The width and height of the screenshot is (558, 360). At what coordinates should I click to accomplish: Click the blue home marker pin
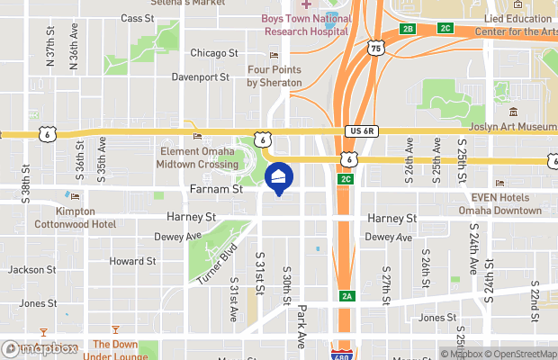[279, 178]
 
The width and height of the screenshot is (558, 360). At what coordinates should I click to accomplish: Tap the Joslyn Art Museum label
[514, 127]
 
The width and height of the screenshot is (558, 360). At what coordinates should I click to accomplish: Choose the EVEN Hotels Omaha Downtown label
[506, 204]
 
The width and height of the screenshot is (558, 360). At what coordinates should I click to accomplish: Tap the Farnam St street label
[217, 190]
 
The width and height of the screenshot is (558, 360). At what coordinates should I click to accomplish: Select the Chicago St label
[214, 53]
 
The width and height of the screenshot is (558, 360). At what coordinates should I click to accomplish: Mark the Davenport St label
[202, 77]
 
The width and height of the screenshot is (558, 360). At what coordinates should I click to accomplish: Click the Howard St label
[132, 261]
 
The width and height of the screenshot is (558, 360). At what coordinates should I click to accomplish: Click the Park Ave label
[302, 326]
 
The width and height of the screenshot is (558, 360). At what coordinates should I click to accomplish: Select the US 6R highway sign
[364, 131]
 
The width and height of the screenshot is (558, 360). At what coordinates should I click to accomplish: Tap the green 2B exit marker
[408, 29]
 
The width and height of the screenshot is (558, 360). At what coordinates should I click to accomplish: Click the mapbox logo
[37, 347]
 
